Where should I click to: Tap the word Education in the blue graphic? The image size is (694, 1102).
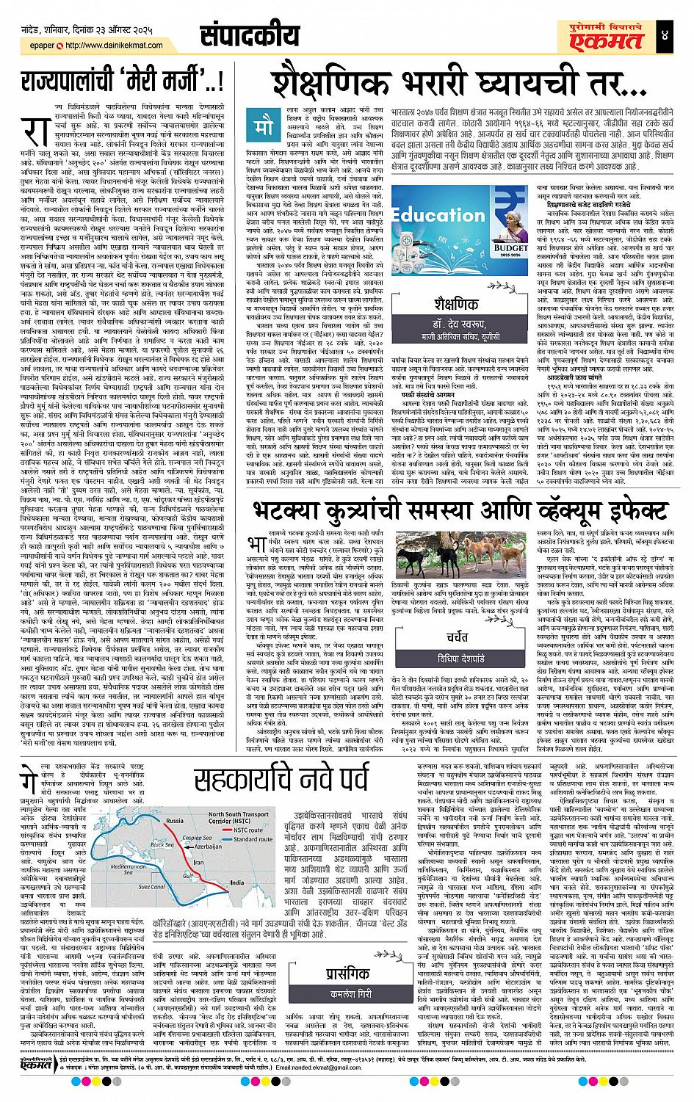point(438,216)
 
